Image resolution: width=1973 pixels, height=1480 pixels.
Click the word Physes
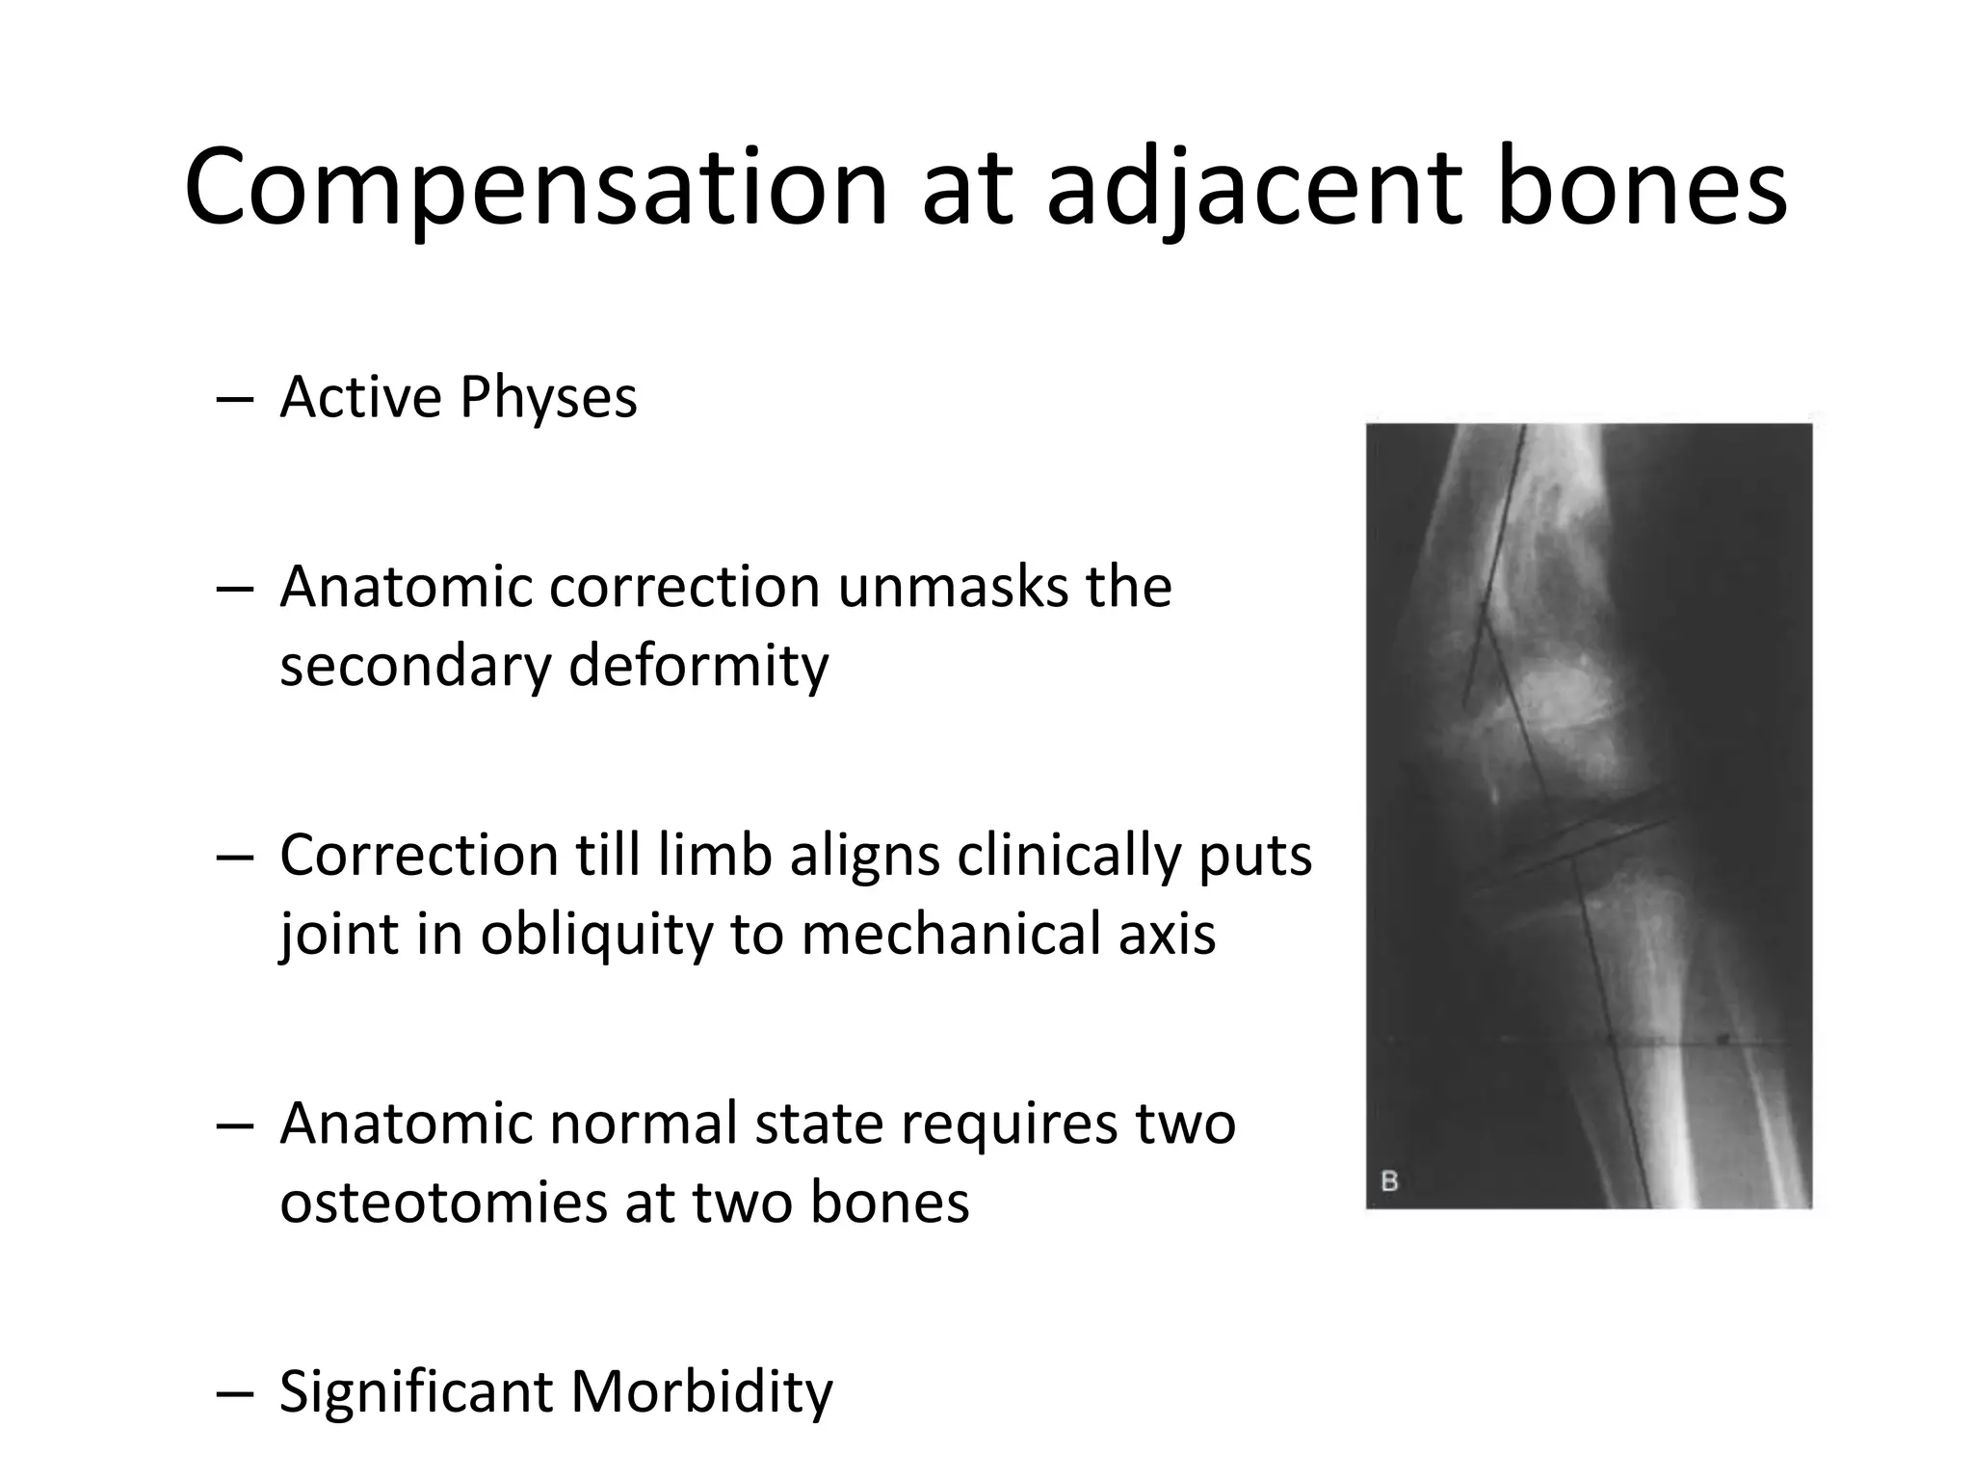click(x=548, y=398)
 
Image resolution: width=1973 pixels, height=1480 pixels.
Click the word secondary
click(x=415, y=666)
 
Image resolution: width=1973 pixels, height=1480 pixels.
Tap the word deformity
click(x=698, y=666)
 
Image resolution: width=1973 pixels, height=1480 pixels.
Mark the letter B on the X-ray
click(x=1389, y=1180)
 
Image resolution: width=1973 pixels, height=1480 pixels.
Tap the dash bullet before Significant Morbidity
click(x=235, y=1394)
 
